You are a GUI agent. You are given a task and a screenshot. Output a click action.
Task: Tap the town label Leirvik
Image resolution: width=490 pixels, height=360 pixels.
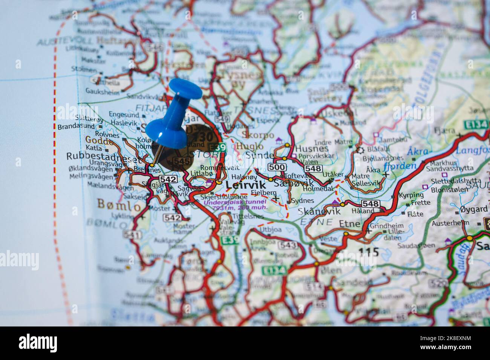point(246,185)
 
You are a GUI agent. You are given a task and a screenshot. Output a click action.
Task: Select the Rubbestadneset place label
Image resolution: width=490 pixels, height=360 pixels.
point(101,157)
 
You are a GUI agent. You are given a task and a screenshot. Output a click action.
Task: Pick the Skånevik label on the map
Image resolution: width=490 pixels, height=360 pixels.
point(314,212)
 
